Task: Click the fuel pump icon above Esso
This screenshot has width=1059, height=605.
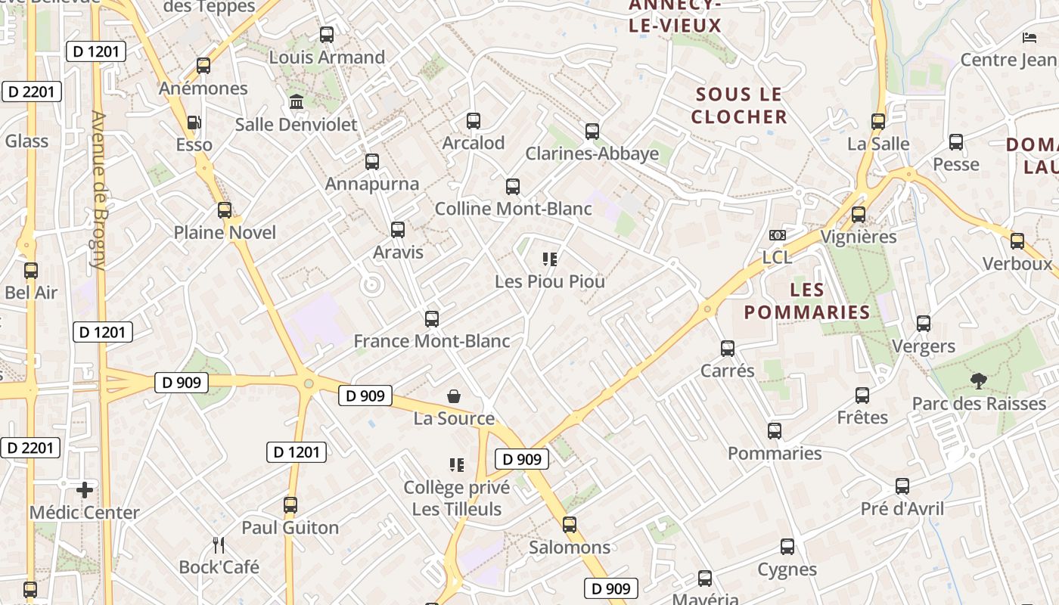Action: pos(194,122)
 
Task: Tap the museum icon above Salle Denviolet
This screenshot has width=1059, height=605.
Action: pos(297,101)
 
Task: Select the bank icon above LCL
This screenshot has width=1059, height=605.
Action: pos(777,235)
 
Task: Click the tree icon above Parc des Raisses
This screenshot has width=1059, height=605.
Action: pos(979,380)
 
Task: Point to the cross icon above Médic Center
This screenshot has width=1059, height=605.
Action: pos(85,490)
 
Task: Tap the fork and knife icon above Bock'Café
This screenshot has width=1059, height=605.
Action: pos(219,544)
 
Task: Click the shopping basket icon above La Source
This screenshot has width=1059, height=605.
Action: pos(454,396)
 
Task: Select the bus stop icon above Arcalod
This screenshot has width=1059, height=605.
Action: pos(474,120)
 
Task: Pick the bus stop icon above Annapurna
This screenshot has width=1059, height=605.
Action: pos(371,161)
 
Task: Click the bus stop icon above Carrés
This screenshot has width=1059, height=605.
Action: pos(728,348)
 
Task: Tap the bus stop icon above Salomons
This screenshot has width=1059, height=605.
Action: pos(570,524)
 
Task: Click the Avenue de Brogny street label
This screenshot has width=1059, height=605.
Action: pos(98,191)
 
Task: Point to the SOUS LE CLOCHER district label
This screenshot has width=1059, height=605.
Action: pos(739,106)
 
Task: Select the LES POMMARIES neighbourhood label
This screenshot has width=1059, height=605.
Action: pos(806,301)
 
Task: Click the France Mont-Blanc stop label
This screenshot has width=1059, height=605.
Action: pos(432,341)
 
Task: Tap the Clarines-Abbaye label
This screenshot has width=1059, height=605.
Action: pos(592,154)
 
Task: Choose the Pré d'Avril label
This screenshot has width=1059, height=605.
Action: pos(902,509)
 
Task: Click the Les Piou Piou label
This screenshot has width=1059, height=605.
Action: pos(550,281)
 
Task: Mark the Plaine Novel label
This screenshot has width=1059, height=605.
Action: pos(225,232)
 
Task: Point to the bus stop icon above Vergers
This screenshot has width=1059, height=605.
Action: pos(924,324)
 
